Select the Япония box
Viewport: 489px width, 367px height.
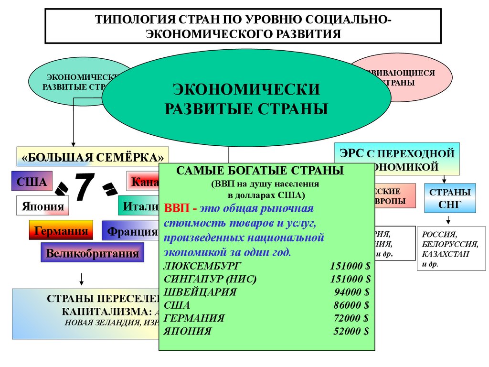coord(43,206)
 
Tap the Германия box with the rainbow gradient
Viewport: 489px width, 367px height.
coord(60,231)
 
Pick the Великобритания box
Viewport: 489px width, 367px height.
coord(93,253)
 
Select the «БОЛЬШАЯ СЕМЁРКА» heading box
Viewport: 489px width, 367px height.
coord(93,156)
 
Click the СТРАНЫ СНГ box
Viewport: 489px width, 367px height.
coord(450,198)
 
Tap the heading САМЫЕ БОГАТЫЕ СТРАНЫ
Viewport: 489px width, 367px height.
coord(260,171)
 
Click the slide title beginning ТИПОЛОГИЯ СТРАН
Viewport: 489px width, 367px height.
coord(244,27)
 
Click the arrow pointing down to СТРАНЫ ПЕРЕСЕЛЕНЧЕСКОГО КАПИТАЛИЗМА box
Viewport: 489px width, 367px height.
coord(82,279)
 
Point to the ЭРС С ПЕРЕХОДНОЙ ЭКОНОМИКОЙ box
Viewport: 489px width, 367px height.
coord(397,159)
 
